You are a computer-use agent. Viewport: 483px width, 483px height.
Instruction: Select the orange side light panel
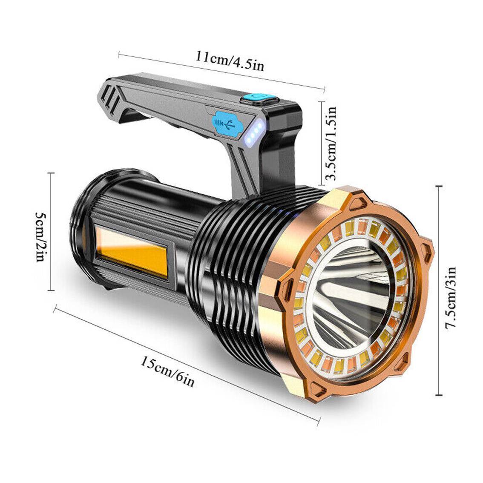pos(130,254)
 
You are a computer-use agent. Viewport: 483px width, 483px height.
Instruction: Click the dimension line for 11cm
pos(221,71)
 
